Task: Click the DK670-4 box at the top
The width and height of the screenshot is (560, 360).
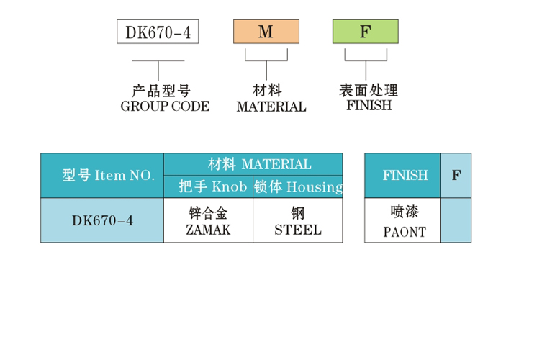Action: point(158,32)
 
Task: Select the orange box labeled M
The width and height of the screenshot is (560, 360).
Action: point(266,32)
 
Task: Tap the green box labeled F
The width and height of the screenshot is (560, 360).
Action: point(365,32)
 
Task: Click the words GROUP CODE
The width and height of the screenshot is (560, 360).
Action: point(165,107)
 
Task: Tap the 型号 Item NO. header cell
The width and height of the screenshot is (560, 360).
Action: point(102,176)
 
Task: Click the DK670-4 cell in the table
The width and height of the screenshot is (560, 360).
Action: point(102,220)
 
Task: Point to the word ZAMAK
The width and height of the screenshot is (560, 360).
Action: point(208,231)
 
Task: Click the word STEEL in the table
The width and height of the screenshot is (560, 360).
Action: point(298,231)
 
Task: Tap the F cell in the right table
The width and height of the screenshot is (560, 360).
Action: point(456,176)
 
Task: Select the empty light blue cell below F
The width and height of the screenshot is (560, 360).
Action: point(456,220)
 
